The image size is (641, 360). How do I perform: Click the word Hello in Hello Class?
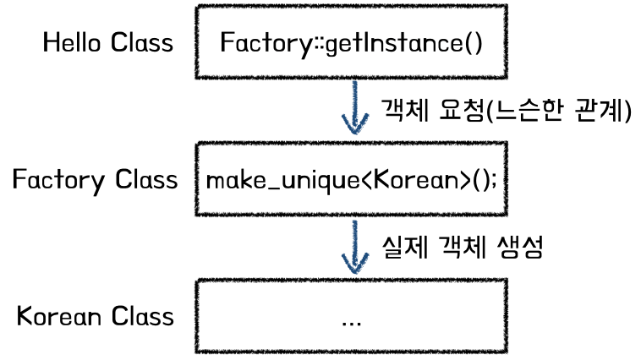pyautogui.click(x=73, y=42)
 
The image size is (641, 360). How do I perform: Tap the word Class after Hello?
pyautogui.click(x=141, y=42)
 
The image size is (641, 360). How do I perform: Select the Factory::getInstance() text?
pyautogui.click(x=351, y=42)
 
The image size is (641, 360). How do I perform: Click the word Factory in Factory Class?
pyautogui.click(x=59, y=179)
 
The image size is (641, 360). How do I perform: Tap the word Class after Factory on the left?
pyautogui.click(x=146, y=179)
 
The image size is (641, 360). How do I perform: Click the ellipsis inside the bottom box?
pyautogui.click(x=351, y=321)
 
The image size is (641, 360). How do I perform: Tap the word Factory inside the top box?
pyautogui.click(x=258, y=42)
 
